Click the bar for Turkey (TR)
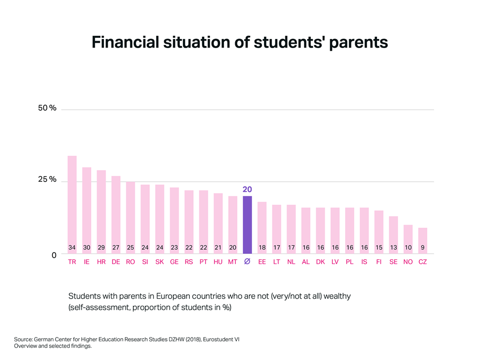[72, 203]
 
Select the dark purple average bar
[247, 224]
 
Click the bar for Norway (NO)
[408, 237]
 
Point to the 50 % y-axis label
[47, 108]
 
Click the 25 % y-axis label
[47, 179]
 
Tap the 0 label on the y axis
[54, 255]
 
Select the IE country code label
[86, 262]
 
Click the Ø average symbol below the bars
[247, 262]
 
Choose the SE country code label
[394, 262]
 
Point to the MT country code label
[233, 262]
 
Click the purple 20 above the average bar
[247, 189]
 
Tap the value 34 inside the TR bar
[72, 247]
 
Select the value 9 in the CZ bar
[422, 247]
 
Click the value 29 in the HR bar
[101, 247]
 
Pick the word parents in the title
[358, 43]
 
